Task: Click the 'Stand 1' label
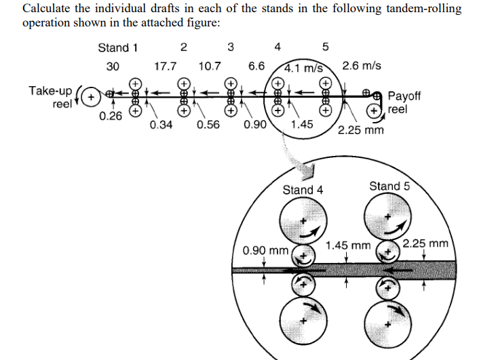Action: point(118,47)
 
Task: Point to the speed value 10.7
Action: point(210,66)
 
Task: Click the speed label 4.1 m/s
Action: point(303,68)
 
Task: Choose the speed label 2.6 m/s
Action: point(362,66)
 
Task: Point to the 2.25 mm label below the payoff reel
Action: point(360,129)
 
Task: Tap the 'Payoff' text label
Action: point(404,96)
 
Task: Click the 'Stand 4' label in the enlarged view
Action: point(303,190)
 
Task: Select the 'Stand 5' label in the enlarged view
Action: point(389,186)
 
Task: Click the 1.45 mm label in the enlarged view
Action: point(349,244)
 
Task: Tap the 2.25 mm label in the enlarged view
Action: point(425,243)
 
